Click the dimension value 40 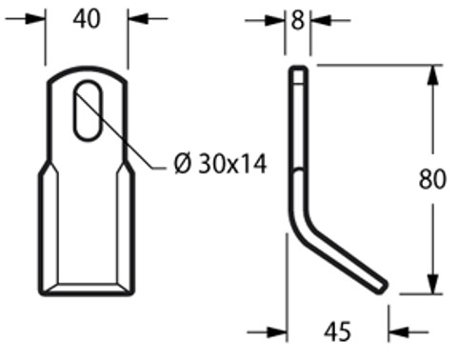coord(87,18)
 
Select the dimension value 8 coord(298,19)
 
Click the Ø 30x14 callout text coord(220,164)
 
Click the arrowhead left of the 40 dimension coord(37,18)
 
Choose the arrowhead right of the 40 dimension coord(136,18)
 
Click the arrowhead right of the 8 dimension coord(316,19)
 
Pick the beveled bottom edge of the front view coord(87,288)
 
